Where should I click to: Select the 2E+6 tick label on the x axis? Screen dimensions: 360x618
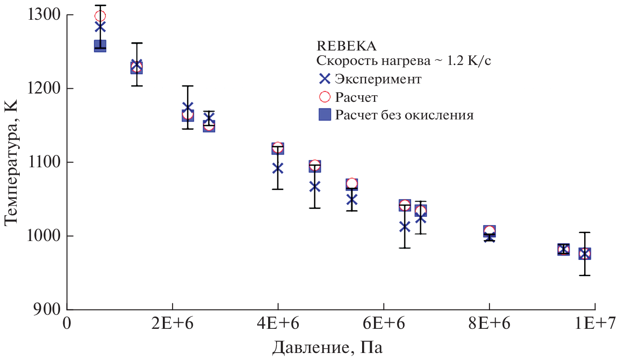point(172,325)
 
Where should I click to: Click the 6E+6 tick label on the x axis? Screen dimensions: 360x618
point(384,325)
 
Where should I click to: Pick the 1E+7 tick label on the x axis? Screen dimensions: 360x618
point(594,325)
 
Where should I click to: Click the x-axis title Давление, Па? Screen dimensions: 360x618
point(327,348)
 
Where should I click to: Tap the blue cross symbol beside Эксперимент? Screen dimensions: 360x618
point(324,79)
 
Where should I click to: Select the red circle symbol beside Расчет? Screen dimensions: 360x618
point(324,97)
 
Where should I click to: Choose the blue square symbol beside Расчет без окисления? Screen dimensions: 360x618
point(324,115)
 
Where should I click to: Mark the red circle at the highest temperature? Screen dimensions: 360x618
point(100,16)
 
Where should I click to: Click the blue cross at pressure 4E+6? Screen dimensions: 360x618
point(277,168)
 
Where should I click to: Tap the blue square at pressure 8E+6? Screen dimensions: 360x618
point(489,231)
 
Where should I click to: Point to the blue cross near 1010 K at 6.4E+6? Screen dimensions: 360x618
point(405,227)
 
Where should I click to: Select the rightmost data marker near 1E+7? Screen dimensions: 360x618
point(584,253)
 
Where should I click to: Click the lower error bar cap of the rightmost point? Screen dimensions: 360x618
point(584,275)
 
